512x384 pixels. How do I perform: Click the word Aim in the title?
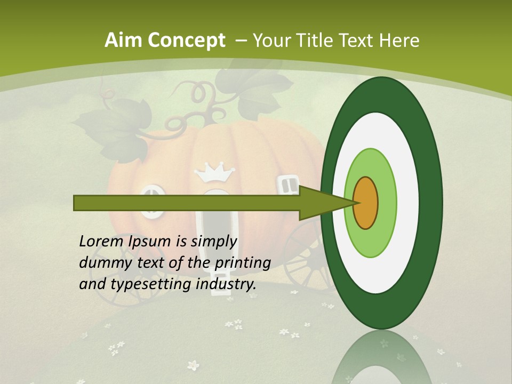122,41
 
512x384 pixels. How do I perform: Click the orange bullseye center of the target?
365,203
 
